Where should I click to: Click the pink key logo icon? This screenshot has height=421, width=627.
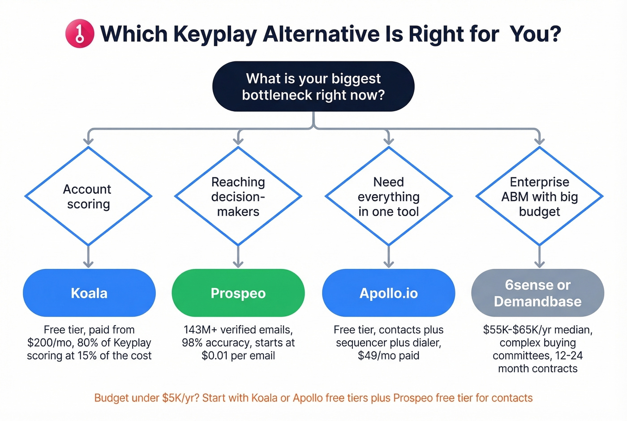(80, 34)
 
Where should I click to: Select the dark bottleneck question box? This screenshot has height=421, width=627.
(313, 87)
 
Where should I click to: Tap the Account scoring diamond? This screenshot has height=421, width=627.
(88, 196)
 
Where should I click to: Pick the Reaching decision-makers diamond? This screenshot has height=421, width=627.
(238, 196)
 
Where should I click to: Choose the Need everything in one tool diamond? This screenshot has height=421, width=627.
(388, 196)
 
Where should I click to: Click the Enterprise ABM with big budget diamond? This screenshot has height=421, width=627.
(539, 196)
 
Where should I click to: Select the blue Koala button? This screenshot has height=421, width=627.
(89, 293)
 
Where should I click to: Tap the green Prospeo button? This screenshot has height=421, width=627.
(238, 293)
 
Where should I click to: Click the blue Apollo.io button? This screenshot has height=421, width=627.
(388, 293)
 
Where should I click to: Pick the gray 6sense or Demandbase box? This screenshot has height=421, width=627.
(537, 293)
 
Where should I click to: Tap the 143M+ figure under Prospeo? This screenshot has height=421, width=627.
(200, 330)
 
